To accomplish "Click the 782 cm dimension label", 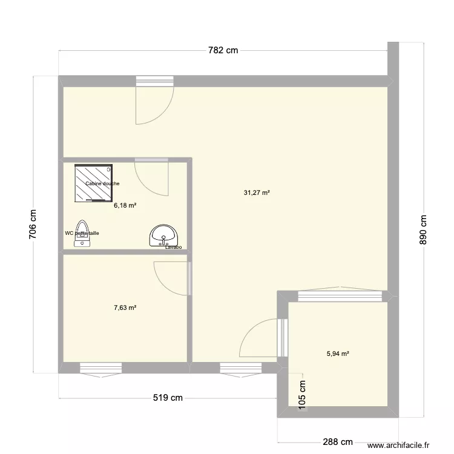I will pyautogui.click(x=223, y=51).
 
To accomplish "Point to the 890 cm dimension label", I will pyautogui.click(x=423, y=229).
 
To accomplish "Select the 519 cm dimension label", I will pyautogui.click(x=168, y=398).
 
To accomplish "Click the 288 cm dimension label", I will pyautogui.click(x=338, y=442).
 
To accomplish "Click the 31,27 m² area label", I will pyautogui.click(x=257, y=193).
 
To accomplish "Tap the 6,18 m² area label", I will pyautogui.click(x=125, y=206).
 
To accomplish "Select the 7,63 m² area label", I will pyautogui.click(x=125, y=308).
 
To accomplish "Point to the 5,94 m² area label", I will pyautogui.click(x=338, y=354).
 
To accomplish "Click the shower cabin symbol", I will pyautogui.click(x=94, y=182).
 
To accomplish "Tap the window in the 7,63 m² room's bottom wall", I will pyautogui.click(x=100, y=367).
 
